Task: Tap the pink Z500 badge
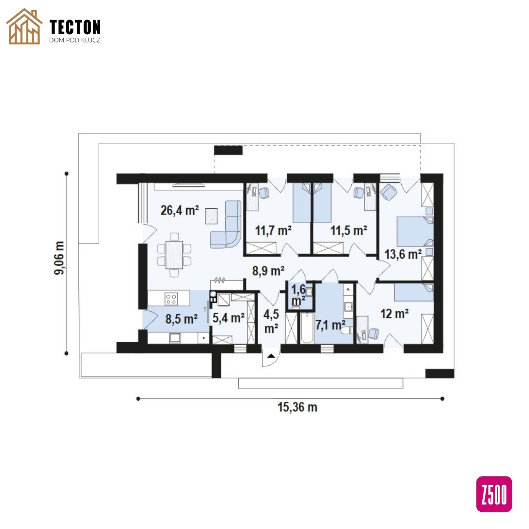point(494,494)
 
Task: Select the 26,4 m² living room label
point(180,210)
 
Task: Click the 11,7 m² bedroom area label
point(273,231)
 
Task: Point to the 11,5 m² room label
point(349,231)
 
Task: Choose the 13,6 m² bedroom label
point(403,254)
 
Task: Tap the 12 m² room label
point(394,314)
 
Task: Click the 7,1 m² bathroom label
point(330,325)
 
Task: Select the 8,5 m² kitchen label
point(182,319)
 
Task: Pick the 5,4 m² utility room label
point(229,317)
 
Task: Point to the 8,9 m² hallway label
point(268,271)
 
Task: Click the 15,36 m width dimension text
point(297,407)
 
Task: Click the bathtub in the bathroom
point(307,328)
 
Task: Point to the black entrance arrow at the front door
point(271,355)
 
